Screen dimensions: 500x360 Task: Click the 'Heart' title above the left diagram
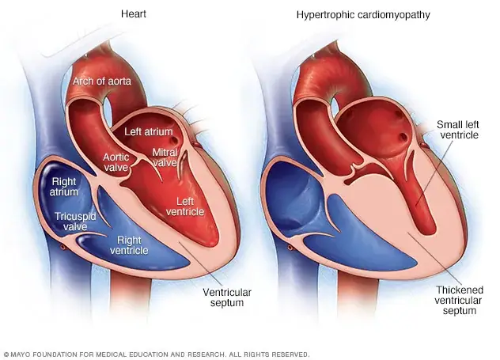[x=133, y=14]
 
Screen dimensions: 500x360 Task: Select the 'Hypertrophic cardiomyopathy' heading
[x=363, y=15]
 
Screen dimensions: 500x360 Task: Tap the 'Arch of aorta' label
[x=102, y=81]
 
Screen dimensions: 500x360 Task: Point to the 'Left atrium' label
[x=149, y=131]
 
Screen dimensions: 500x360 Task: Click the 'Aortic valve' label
[x=116, y=162]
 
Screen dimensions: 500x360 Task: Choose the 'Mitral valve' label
[x=165, y=157]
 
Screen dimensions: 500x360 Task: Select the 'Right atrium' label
[x=64, y=187]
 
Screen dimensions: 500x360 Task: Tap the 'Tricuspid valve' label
[x=75, y=222]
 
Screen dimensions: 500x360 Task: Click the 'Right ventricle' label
[x=129, y=245]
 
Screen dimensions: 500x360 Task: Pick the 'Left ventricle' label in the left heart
[x=185, y=207]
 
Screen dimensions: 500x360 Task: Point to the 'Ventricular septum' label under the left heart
[x=227, y=297]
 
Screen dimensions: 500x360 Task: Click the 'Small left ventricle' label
[x=459, y=130]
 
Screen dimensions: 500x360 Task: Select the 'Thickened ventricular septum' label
[x=459, y=300]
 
